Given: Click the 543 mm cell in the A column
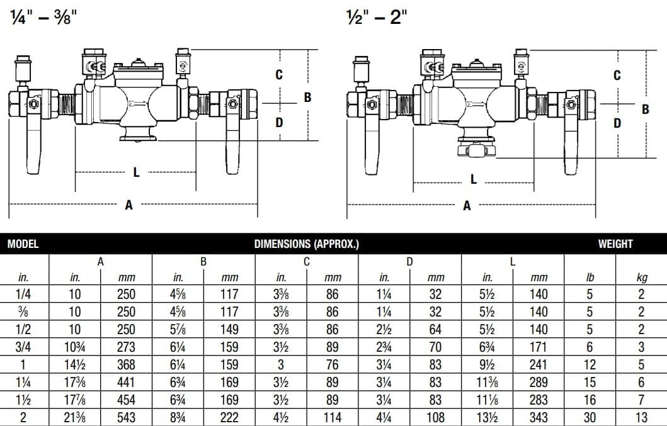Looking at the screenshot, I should click(x=127, y=417).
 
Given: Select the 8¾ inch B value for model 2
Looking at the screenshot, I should click(x=178, y=417).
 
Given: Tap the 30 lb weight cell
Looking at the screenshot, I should click(x=589, y=417).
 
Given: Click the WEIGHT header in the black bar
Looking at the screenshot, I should click(x=615, y=244).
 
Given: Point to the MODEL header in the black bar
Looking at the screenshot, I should click(x=23, y=244).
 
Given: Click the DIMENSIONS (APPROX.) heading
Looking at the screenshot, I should click(x=307, y=244).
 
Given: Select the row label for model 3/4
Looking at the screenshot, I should click(x=23, y=347).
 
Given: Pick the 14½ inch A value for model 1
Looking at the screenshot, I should click(x=75, y=364).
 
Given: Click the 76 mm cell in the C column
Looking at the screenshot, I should click(x=332, y=364).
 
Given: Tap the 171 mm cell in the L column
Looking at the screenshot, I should click(x=539, y=347).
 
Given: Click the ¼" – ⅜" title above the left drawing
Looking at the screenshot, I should click(x=43, y=18).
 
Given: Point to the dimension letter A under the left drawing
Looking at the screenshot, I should click(x=129, y=205).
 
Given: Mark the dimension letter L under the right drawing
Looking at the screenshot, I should click(x=474, y=179).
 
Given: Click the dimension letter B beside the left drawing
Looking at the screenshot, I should click(x=307, y=98).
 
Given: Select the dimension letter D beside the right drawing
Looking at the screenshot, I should click(x=617, y=123).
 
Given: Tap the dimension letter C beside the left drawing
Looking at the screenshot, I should click(x=279, y=74).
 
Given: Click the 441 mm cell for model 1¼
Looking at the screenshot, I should click(x=127, y=382).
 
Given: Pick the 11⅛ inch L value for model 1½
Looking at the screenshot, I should click(x=487, y=400).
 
